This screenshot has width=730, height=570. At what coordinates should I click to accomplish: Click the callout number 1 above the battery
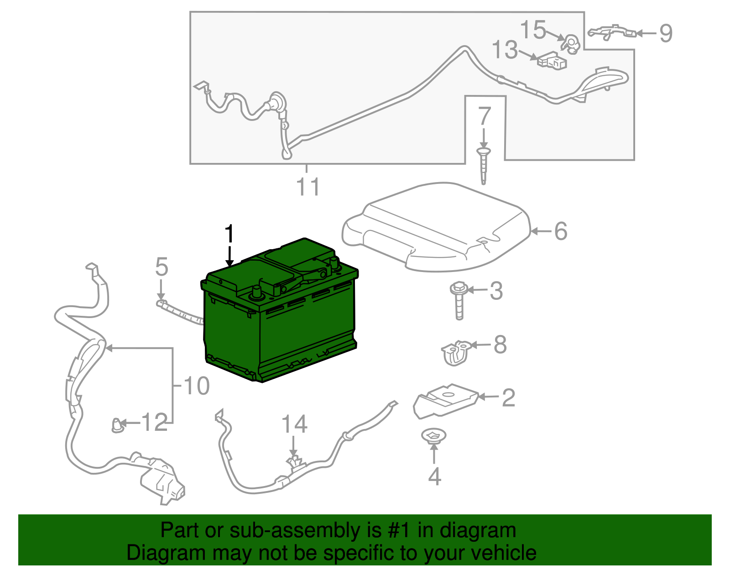point(229,234)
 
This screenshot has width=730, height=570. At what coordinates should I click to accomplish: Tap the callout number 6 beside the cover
point(560,231)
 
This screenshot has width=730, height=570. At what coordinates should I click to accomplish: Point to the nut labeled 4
point(434,436)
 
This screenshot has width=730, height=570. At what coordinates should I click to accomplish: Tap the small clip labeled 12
point(118,425)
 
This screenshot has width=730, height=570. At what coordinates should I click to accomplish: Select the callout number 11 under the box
point(308,187)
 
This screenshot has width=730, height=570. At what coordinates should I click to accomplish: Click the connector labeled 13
point(553,62)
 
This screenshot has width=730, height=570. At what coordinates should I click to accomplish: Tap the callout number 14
point(294,424)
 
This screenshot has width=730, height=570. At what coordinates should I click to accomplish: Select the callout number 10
point(197,386)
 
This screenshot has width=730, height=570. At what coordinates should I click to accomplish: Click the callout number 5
point(162,267)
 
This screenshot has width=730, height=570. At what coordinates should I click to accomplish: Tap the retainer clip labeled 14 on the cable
point(296,463)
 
